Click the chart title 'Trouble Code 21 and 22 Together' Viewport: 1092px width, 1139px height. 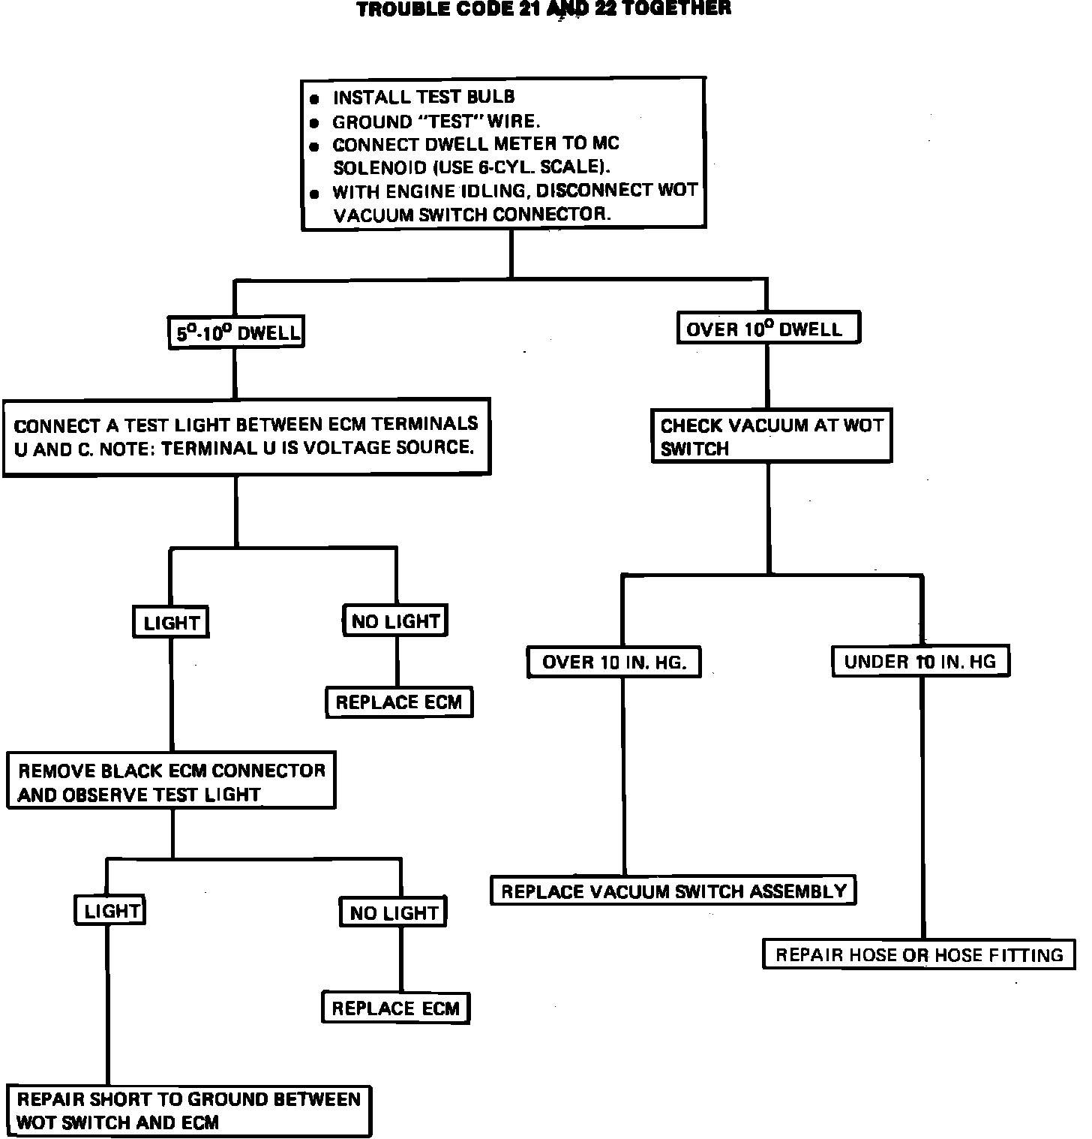click(x=544, y=9)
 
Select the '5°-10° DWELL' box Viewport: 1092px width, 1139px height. click(x=235, y=333)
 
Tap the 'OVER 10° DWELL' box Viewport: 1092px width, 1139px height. click(x=768, y=329)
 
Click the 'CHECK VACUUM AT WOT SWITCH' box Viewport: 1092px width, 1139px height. click(x=771, y=436)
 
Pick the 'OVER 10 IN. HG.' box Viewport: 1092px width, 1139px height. click(x=613, y=662)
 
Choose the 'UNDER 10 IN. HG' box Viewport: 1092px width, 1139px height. click(x=920, y=661)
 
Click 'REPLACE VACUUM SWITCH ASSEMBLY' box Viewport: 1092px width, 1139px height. click(x=673, y=891)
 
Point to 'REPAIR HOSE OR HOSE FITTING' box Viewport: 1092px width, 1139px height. click(x=919, y=954)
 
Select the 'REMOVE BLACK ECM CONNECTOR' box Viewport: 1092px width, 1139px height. click(x=171, y=781)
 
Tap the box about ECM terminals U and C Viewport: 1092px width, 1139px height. click(x=247, y=437)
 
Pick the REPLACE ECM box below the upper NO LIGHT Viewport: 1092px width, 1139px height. click(x=399, y=702)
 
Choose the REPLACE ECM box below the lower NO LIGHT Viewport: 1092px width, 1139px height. click(x=396, y=1008)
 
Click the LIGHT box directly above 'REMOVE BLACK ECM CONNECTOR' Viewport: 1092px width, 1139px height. click(x=171, y=622)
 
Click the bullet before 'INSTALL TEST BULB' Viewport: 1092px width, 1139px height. click(x=315, y=99)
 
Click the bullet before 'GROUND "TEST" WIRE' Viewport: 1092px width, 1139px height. click(x=315, y=123)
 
